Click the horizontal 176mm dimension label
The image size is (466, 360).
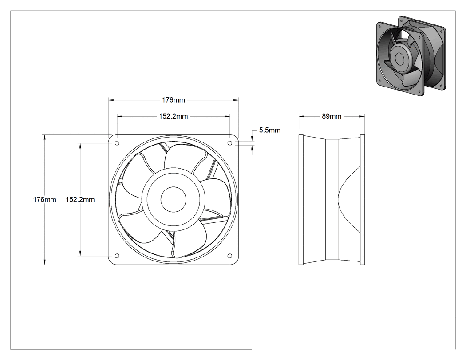(x=173, y=100)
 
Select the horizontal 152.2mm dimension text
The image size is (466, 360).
(x=173, y=116)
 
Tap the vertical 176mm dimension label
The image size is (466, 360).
(x=44, y=199)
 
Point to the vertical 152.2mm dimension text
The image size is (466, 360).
(x=80, y=199)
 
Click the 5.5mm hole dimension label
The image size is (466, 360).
(x=270, y=130)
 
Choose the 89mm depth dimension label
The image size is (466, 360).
(x=332, y=116)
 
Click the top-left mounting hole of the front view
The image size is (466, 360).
(x=117, y=143)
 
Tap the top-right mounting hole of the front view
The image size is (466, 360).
(x=230, y=143)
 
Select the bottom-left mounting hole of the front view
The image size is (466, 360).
(x=117, y=256)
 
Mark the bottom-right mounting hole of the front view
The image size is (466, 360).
(x=230, y=256)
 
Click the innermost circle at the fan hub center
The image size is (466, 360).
(x=174, y=199)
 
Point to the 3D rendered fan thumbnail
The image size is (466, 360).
(x=411, y=56)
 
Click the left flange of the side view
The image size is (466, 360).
(x=301, y=199)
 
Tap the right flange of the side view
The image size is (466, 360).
(x=362, y=199)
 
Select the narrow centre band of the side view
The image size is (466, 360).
(x=332, y=199)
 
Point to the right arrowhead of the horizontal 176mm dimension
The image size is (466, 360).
(x=236, y=100)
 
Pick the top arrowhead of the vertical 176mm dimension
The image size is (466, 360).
(x=44, y=137)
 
